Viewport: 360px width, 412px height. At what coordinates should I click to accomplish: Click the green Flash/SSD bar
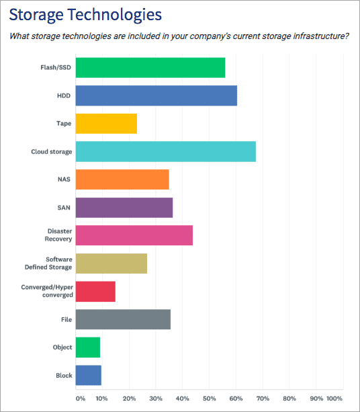tap(150, 68)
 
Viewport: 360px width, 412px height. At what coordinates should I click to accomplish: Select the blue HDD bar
tap(156, 96)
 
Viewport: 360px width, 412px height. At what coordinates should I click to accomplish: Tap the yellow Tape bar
tap(106, 124)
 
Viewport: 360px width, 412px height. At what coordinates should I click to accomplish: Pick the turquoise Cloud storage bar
tap(165, 152)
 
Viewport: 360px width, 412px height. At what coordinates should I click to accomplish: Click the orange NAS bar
tap(122, 179)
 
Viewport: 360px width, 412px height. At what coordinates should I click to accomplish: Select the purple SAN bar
tap(124, 208)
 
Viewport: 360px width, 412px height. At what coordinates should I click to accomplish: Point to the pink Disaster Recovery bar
tap(134, 235)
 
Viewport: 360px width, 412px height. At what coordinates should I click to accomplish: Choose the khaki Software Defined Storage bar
tap(111, 263)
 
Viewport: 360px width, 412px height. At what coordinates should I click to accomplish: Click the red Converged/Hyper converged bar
tap(95, 291)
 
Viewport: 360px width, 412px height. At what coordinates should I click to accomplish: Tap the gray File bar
tap(123, 319)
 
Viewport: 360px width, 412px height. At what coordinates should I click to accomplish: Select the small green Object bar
tap(88, 347)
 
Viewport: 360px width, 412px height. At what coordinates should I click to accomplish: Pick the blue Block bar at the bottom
tap(89, 375)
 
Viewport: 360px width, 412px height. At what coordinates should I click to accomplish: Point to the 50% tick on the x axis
tap(209, 399)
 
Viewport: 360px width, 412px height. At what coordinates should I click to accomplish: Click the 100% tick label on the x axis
tap(334, 399)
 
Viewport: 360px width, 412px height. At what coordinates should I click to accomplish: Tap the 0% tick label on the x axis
tap(80, 399)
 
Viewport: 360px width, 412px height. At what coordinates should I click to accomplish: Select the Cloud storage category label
tap(51, 152)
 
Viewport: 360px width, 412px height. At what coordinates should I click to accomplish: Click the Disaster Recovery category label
tap(58, 235)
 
